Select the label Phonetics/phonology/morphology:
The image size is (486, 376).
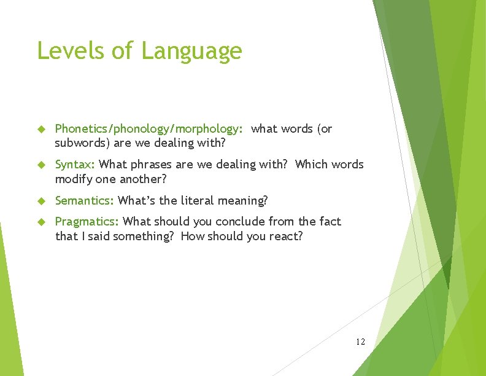click(x=149, y=129)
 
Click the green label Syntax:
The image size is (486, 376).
click(x=75, y=165)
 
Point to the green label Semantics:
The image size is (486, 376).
click(x=85, y=200)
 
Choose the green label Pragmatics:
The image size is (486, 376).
click(x=88, y=221)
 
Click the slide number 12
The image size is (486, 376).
click(x=360, y=341)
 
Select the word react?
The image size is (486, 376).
click(x=286, y=236)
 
